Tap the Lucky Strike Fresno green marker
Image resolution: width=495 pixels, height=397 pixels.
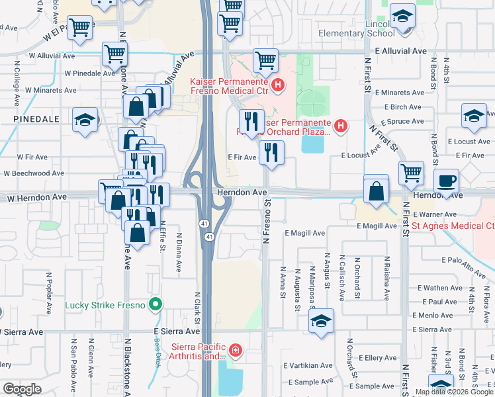156,305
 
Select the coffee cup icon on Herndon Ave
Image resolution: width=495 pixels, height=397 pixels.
445,180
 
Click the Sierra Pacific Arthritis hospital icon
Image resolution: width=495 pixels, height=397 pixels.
235,349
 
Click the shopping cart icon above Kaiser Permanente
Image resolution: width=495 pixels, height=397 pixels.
265,60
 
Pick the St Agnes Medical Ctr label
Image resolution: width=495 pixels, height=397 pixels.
453,226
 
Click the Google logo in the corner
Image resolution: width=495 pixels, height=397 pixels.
22,389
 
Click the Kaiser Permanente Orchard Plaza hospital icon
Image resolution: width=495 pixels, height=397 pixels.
341,124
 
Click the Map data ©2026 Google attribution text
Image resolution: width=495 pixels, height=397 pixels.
453,392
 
